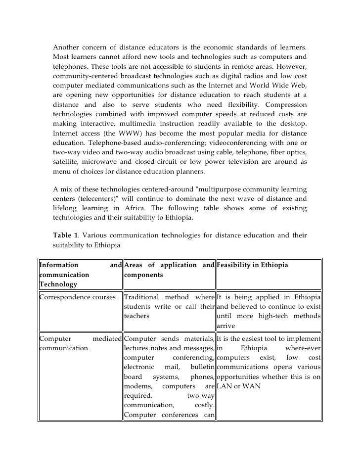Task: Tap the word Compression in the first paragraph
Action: tap(286, 104)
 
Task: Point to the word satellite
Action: tap(66, 162)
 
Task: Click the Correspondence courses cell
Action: tap(77, 297)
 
